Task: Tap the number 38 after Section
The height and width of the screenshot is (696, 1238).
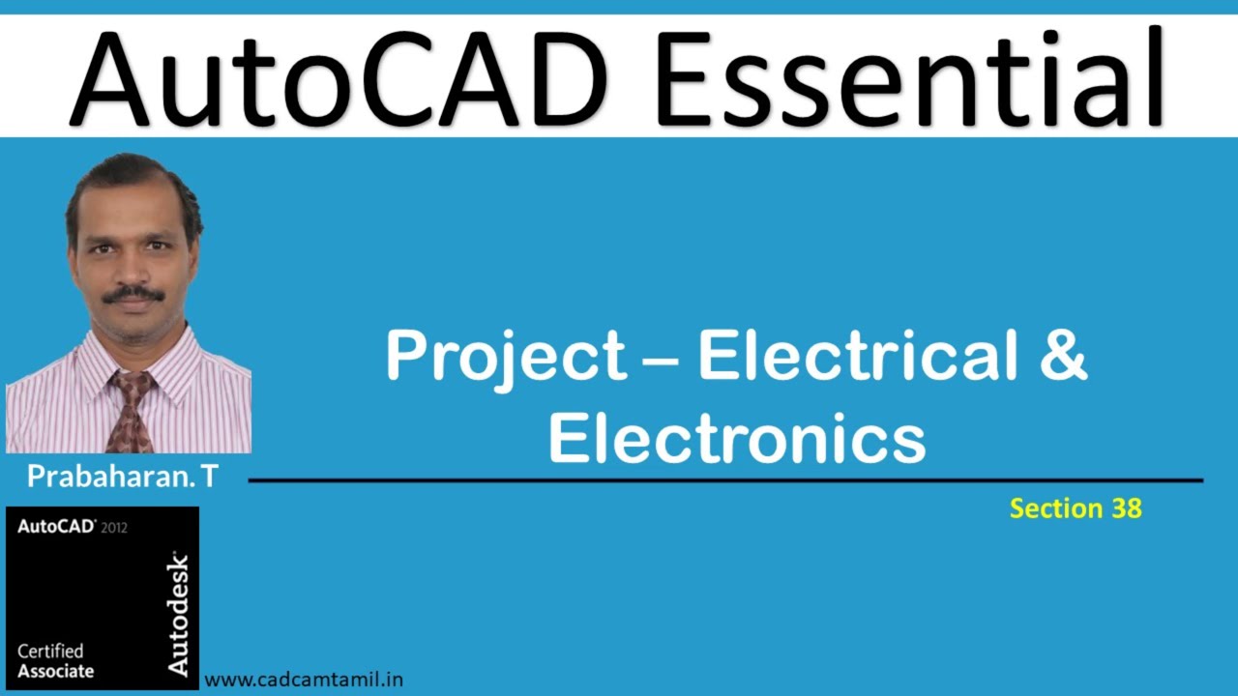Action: coord(1126,508)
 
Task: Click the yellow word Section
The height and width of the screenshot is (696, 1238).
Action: coord(1056,508)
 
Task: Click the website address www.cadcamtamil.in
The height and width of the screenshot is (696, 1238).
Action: coord(304,680)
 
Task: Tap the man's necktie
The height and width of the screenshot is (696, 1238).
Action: coord(130,411)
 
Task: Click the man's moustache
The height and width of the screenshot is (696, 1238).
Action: coord(133,294)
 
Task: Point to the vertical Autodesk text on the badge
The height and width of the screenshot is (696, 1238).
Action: coord(178,613)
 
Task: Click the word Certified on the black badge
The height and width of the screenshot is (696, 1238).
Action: coord(50,652)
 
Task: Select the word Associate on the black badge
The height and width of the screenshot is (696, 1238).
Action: coord(55,671)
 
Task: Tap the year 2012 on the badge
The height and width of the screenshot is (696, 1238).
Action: coord(114,528)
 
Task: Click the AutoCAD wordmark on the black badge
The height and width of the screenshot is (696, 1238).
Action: coord(56,527)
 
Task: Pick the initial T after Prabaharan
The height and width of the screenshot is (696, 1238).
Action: coord(210,477)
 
